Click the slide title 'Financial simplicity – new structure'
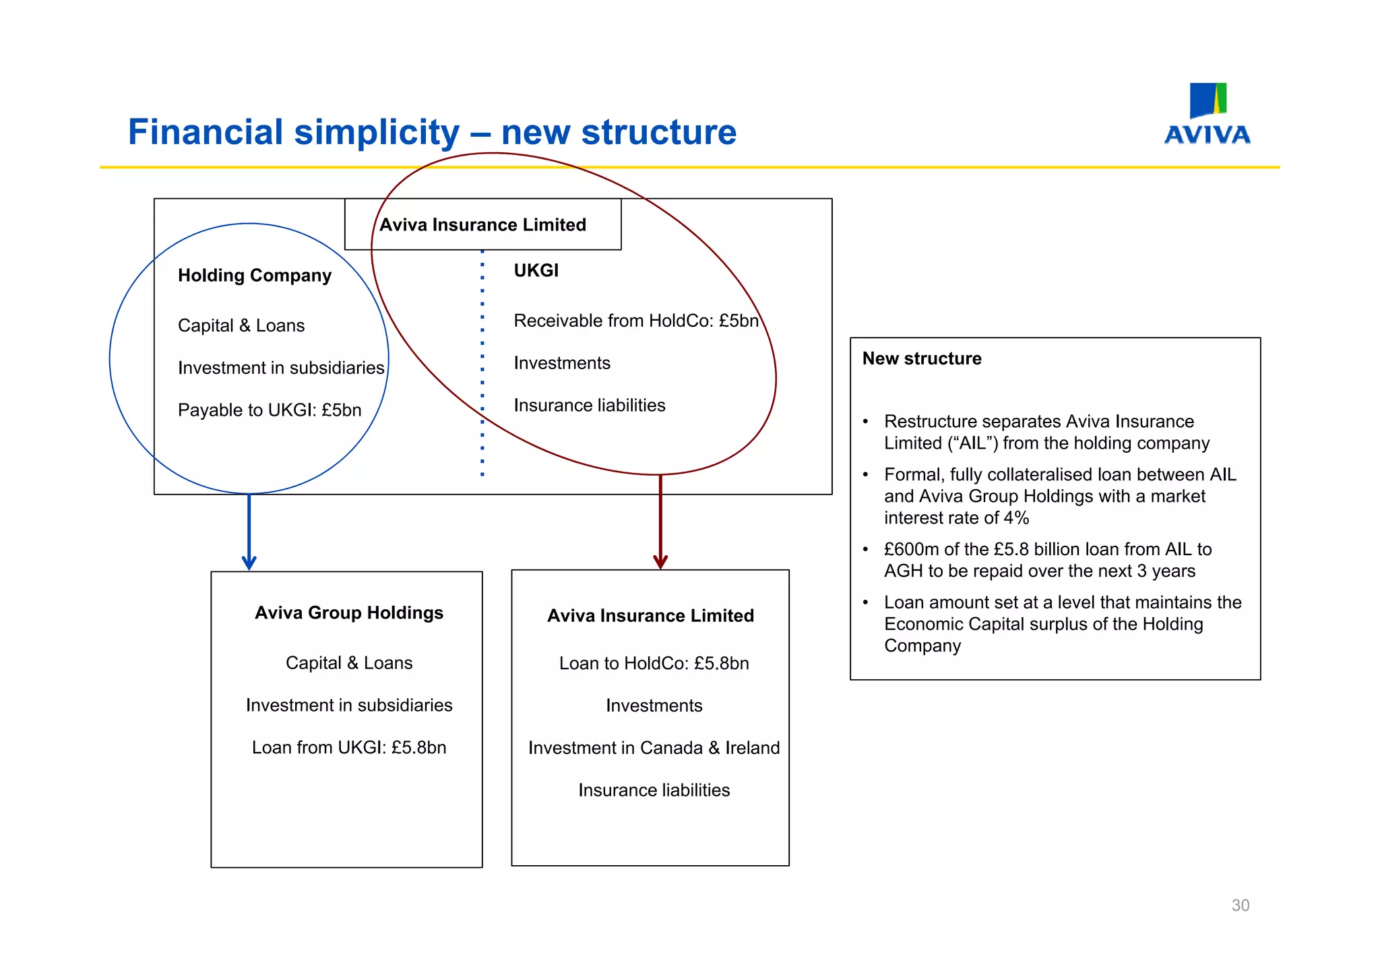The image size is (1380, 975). (432, 132)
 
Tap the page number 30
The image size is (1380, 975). (1240, 905)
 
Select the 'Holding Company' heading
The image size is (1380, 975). (255, 276)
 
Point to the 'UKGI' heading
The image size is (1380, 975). (536, 271)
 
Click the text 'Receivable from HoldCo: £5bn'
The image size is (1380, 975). (635, 321)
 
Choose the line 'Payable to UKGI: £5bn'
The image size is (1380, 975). (270, 410)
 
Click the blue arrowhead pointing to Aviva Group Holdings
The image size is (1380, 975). (249, 562)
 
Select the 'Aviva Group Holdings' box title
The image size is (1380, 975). (349, 612)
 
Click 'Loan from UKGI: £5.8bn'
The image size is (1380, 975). (349, 747)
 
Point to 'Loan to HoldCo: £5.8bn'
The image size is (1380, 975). (654, 663)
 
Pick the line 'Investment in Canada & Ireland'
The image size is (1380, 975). (654, 748)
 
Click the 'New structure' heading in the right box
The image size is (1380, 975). (922, 358)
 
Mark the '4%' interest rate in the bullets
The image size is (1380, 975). (1016, 518)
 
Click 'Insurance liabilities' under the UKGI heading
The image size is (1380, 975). (590, 406)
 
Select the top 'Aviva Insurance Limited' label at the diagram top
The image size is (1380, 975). (482, 224)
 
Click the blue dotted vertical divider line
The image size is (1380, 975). (482, 364)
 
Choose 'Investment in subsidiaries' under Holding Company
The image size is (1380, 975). (281, 368)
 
